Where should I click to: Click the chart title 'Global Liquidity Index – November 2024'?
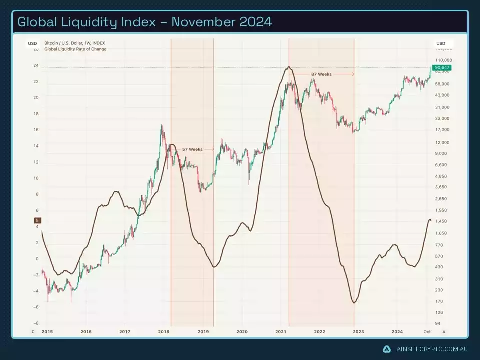(145, 22)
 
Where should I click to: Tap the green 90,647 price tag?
(442, 67)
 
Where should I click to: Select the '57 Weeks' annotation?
(192, 149)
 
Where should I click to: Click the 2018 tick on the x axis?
(164, 331)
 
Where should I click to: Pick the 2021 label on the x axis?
(280, 331)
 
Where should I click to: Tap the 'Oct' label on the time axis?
(427, 331)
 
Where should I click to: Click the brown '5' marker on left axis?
(38, 220)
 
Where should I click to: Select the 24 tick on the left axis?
(36, 65)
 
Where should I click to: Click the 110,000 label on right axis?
(444, 60)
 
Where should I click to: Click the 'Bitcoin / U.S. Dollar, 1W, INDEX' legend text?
(75, 43)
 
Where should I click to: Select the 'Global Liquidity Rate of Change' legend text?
(75, 49)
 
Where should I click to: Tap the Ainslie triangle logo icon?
(386, 349)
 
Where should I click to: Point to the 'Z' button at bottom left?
(33, 331)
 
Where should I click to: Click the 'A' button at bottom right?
(444, 331)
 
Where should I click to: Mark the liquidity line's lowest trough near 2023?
(354, 303)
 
